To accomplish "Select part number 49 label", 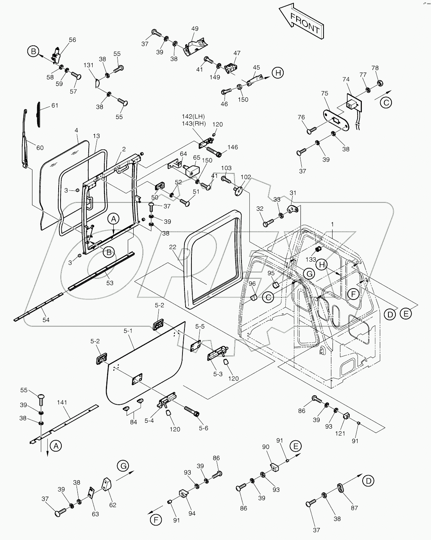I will [x=195, y=29].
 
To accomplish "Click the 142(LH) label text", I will [x=193, y=117].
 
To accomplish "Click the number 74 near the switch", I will [x=346, y=79].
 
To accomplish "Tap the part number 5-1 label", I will [x=128, y=331].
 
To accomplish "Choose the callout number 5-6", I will [x=203, y=428].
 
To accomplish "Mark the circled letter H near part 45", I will [x=277, y=73].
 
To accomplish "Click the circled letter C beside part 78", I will [x=386, y=102].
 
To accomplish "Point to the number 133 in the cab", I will [x=311, y=259].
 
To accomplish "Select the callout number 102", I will [x=245, y=177].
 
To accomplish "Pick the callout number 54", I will [x=46, y=320].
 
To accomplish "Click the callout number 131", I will [x=89, y=65].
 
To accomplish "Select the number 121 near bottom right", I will [x=340, y=433].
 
